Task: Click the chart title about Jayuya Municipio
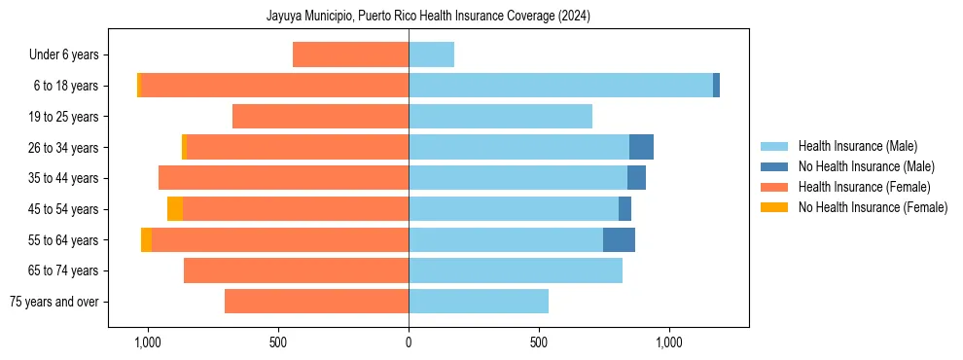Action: pyautogui.click(x=428, y=16)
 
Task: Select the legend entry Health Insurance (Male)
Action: pyautogui.click(x=857, y=146)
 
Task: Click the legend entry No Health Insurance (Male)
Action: pyautogui.click(x=866, y=166)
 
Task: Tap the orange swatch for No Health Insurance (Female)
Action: pyautogui.click(x=775, y=207)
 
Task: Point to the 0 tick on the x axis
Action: pyautogui.click(x=409, y=342)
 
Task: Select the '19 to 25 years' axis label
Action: pyautogui.click(x=64, y=117)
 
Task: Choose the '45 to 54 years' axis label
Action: pyautogui.click(x=64, y=209)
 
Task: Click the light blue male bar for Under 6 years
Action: pyautogui.click(x=431, y=55)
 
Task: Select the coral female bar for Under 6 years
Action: pyautogui.click(x=350, y=55)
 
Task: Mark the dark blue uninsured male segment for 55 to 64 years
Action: pyautogui.click(x=619, y=239)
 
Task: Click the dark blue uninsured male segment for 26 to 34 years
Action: pyautogui.click(x=641, y=147)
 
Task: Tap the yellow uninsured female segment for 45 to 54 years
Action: pyautogui.click(x=175, y=209)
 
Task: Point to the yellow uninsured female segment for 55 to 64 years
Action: pyautogui.click(x=146, y=239)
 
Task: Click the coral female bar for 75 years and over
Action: pyautogui.click(x=316, y=302)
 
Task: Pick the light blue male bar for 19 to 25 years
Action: pyautogui.click(x=500, y=117)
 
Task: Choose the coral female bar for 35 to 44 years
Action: pyautogui.click(x=283, y=178)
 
